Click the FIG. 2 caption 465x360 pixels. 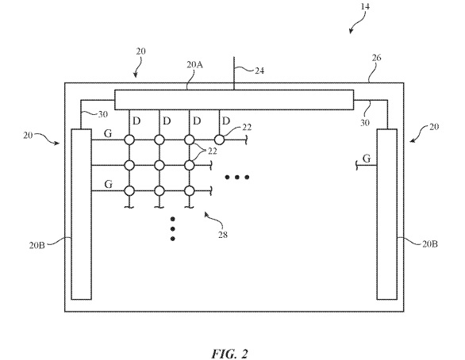(229, 354)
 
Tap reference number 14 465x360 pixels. (365, 6)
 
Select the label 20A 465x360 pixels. (194, 64)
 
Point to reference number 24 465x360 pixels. (259, 71)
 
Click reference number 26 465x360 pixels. (376, 58)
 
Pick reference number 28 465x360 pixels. (223, 235)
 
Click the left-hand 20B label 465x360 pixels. (37, 245)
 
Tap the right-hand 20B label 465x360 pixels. (430, 244)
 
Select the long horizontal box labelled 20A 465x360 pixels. (234, 100)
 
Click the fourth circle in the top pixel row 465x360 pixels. (219, 140)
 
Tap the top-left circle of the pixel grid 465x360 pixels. (129, 140)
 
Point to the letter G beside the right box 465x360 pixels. (367, 159)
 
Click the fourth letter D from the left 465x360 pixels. (226, 121)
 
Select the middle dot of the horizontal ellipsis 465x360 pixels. (236, 177)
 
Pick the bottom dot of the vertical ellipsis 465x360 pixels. (173, 239)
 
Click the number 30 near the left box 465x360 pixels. (102, 114)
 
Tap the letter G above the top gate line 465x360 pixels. (108, 134)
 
